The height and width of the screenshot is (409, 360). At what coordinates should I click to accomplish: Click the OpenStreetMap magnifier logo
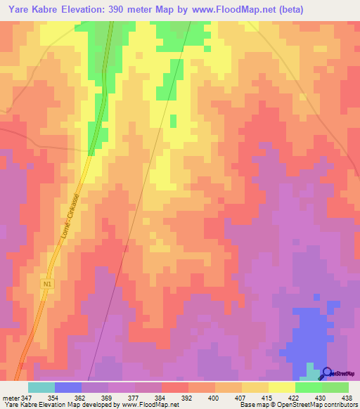[x=327, y=372]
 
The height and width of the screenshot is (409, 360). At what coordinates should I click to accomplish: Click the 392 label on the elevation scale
[x=188, y=398]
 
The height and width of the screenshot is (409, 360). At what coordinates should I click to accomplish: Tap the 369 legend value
[x=108, y=398]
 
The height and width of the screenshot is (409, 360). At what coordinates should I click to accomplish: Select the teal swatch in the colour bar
[x=41, y=387]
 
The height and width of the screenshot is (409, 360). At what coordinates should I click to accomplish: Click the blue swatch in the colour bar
[x=68, y=387]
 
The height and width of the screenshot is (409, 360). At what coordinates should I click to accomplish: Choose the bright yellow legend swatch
[x=282, y=387]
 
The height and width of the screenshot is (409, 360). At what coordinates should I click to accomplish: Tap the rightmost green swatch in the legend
[x=335, y=387]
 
